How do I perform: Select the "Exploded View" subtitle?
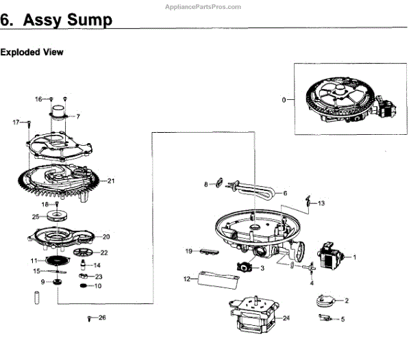(32, 52)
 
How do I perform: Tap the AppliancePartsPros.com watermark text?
(203, 5)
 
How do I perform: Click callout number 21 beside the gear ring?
(110, 181)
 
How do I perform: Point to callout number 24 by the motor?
(286, 318)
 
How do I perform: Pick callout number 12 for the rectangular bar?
(186, 279)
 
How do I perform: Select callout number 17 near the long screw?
(16, 122)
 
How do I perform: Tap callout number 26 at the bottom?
(102, 318)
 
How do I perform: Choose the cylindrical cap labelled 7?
(60, 112)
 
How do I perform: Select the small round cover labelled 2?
(324, 298)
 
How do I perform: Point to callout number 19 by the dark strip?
(188, 251)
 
